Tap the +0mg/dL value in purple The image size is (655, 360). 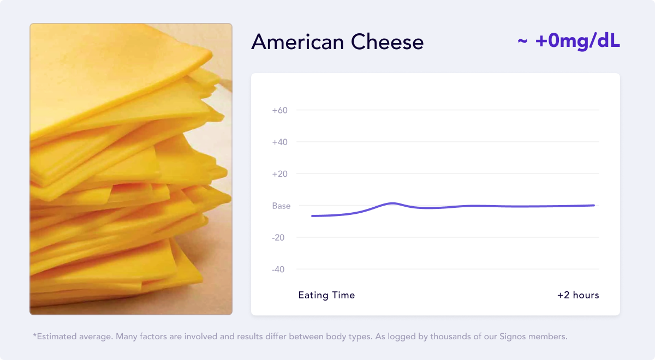[577, 41]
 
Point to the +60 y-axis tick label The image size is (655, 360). [280, 110]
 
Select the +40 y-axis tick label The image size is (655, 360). [280, 142]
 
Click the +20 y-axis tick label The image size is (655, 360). [280, 174]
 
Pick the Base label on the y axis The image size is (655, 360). [281, 206]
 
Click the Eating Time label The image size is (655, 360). [326, 295]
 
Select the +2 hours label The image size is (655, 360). [578, 295]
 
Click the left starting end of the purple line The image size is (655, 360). [312, 216]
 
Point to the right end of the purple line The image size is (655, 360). [593, 205]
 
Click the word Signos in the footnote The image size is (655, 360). [499, 337]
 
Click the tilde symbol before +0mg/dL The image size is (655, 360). [522, 43]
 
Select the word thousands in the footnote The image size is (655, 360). [450, 337]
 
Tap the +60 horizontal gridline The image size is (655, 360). [448, 110]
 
